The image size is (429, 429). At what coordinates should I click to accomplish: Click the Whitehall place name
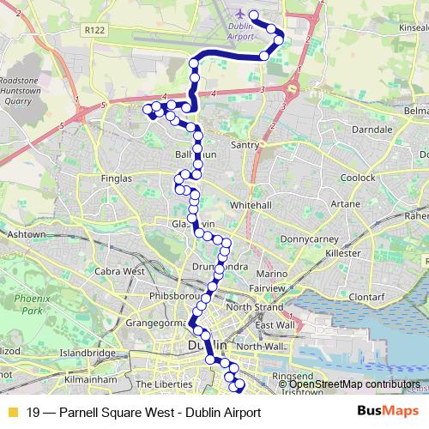tap(251, 206)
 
